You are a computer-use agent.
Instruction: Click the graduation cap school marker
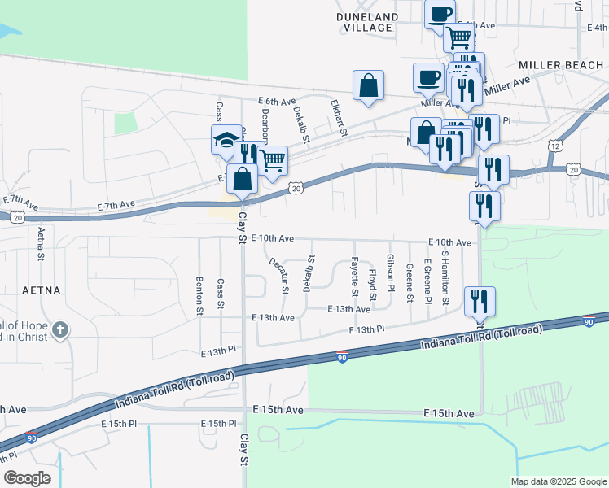pos(225,140)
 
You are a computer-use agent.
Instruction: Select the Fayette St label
pos(354,276)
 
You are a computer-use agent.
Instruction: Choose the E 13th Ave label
pos(274,317)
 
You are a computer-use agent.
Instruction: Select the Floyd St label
pos(372,285)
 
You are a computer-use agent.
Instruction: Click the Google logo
pos(28,478)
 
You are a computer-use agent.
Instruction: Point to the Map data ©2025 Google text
pos(557,481)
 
